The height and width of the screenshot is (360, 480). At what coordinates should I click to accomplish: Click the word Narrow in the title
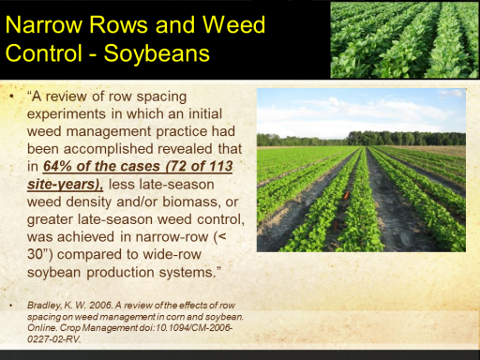pos(44,24)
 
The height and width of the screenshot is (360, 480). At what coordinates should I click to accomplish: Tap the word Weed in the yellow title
pos(233,24)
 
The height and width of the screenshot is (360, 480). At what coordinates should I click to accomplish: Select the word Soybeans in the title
pos(157,53)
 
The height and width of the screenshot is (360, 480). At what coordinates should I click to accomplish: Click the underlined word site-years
pos(64,185)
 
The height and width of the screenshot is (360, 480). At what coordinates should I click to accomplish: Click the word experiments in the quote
pos(67,114)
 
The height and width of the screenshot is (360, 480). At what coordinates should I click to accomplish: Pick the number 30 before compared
pos(35,254)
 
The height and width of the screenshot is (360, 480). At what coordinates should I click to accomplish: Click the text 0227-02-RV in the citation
pos(53,339)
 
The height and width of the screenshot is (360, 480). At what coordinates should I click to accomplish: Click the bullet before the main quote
pos(12,97)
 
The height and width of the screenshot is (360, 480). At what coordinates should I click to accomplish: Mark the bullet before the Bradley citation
pos(11,306)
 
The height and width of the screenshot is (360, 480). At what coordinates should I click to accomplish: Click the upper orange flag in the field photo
pos(346,195)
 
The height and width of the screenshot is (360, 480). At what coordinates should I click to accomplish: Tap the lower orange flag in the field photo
pos(336,224)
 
